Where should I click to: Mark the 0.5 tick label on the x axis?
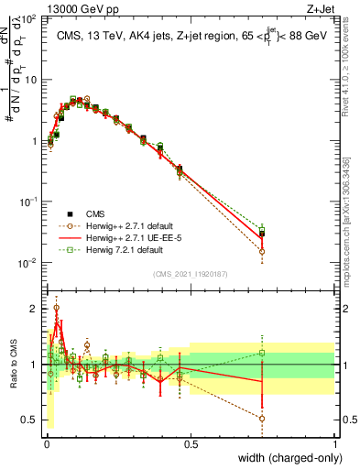click(x=191, y=444)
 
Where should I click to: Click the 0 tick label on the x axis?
click(x=46, y=444)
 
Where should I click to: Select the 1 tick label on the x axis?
click(x=334, y=444)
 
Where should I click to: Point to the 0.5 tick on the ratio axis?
click(x=30, y=420)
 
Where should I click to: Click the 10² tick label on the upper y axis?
click(x=27, y=18)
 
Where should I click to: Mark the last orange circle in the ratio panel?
click(x=262, y=419)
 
